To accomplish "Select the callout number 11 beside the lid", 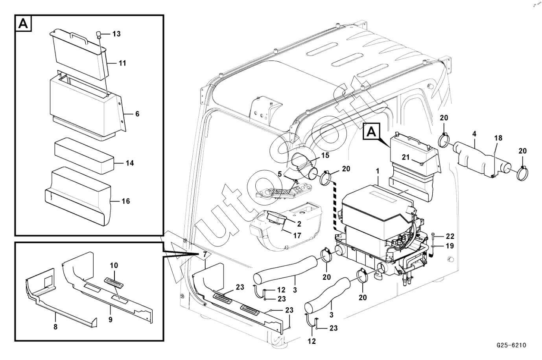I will click(122, 63).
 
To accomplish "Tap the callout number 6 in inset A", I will click(137, 114).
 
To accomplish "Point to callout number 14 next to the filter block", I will click(130, 163).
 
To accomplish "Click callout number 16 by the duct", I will click(125, 201).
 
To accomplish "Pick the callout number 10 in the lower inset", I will click(114, 266).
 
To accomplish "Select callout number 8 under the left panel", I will click(55, 326).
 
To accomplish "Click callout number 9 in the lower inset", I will click(111, 320).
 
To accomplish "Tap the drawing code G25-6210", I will click(511, 345).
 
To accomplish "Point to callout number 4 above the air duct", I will click(474, 134).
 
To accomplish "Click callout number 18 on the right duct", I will click(498, 138).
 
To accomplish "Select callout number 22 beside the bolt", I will click(450, 236).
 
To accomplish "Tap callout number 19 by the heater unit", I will click(450, 246).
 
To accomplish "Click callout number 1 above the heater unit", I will click(377, 171).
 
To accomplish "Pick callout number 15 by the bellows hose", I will click(325, 156).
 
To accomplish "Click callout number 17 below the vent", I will click(297, 236).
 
